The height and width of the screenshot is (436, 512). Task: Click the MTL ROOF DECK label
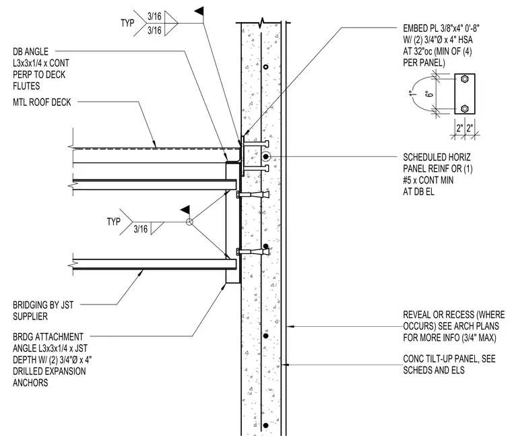click(42, 102)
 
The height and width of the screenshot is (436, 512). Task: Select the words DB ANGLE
click(31, 52)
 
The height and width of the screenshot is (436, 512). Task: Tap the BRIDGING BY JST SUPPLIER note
click(43, 311)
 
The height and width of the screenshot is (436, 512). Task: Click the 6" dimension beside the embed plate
click(430, 94)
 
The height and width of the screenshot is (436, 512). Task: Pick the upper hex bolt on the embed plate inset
click(465, 79)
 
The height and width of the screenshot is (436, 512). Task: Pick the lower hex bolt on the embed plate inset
click(465, 108)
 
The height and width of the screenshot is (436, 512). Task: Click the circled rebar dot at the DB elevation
click(266, 157)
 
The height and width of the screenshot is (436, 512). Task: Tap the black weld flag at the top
click(199, 11)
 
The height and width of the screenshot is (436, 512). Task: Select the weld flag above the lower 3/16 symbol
click(185, 210)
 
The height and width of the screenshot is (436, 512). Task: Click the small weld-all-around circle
click(189, 222)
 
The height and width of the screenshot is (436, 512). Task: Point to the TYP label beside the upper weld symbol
click(127, 23)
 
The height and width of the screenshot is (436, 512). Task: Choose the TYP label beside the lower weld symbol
click(113, 222)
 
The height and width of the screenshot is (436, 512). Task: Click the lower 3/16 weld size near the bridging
click(141, 229)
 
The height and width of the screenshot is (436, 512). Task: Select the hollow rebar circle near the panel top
click(266, 67)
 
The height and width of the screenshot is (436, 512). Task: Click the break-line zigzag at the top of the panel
click(261, 23)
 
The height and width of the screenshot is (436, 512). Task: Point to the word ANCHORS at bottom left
click(30, 383)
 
